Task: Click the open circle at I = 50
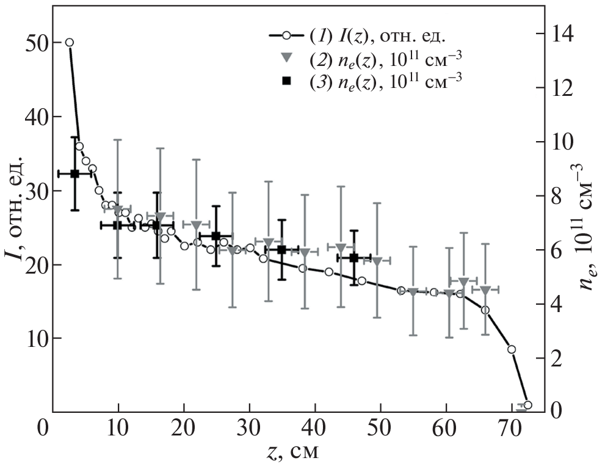70,43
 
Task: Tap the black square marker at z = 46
353,258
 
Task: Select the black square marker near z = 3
74,174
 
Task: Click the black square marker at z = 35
281,250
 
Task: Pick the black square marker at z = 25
216,236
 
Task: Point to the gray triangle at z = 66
485,289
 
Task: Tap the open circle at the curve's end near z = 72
527,405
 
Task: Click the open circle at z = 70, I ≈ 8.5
512,349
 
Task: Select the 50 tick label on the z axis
380,427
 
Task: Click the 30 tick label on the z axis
249,427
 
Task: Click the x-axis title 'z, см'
289,453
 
